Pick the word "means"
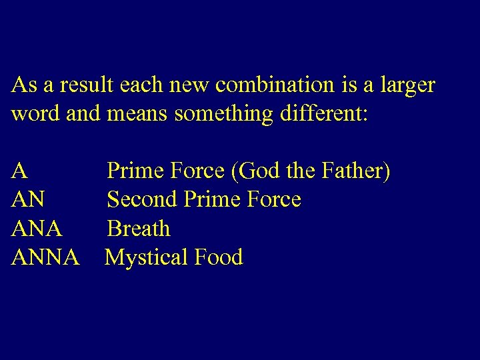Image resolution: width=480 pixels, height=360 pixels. [x=137, y=114]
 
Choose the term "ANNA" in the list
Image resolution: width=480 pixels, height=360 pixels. [x=45, y=257]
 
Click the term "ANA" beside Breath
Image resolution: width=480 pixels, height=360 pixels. [x=37, y=229]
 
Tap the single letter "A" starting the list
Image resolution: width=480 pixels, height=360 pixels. [x=19, y=171]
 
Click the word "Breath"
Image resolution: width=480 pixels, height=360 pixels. [x=139, y=229]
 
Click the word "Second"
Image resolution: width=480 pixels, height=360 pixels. [x=143, y=199]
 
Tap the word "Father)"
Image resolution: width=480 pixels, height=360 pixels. [x=357, y=171]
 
